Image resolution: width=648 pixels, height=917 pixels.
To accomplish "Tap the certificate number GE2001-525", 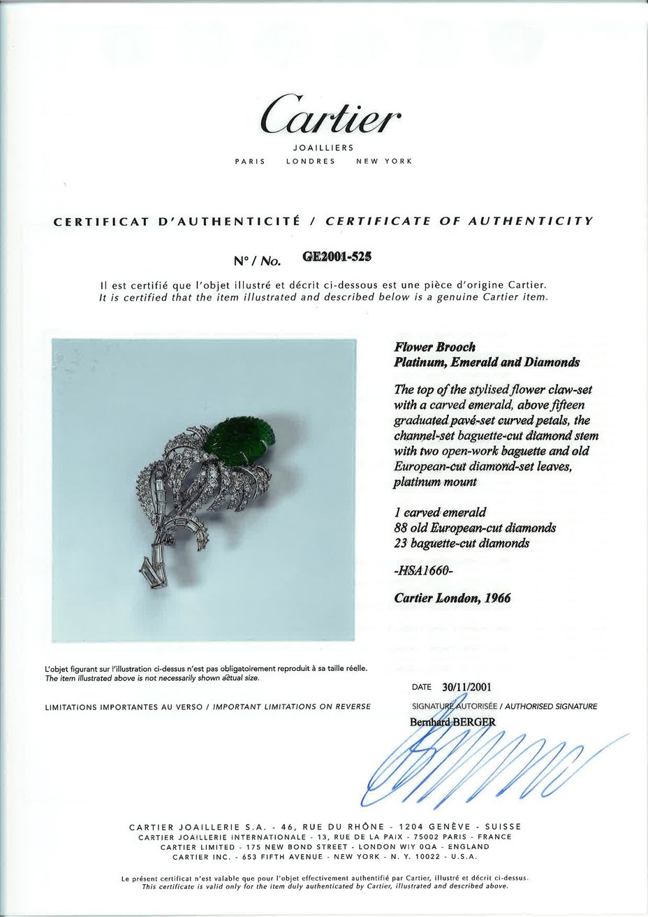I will (336, 256).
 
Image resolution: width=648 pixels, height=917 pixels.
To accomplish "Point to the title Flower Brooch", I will (435, 347).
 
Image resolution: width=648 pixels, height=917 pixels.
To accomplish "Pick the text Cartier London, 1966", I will (452, 598).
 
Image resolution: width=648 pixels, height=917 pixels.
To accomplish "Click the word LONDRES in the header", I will (311, 161).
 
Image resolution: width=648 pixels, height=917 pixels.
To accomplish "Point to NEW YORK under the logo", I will (385, 161).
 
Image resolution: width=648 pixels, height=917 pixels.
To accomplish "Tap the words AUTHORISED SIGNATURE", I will (556, 706).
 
